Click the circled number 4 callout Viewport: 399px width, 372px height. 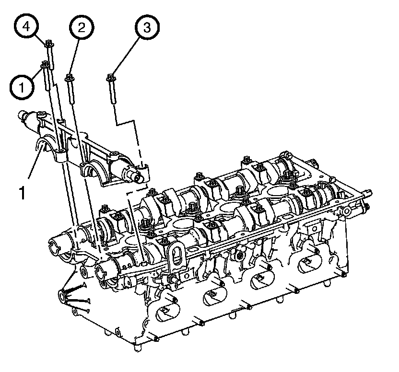pyautogui.click(x=26, y=26)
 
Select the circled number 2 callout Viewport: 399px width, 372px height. pyautogui.click(x=82, y=27)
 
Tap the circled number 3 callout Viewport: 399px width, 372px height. pyautogui.click(x=147, y=27)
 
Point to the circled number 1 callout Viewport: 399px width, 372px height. pyautogui.click(x=22, y=88)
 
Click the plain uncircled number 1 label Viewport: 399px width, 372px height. pyautogui.click(x=23, y=193)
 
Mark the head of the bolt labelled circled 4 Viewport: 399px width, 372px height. pyautogui.click(x=49, y=44)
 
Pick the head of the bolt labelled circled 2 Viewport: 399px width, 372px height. pyautogui.click(x=69, y=78)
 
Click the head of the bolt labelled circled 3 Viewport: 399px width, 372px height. pyautogui.click(x=110, y=78)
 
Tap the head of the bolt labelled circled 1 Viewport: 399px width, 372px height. pyautogui.click(x=45, y=64)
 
